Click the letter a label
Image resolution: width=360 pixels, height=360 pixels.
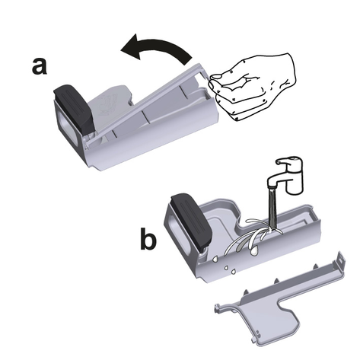(x=40, y=66)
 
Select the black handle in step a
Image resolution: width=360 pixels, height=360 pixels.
(x=74, y=110)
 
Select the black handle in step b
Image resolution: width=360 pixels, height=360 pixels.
(x=192, y=222)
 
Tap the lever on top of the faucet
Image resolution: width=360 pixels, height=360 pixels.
(x=289, y=161)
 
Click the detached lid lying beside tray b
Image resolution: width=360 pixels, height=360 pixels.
(x=280, y=299)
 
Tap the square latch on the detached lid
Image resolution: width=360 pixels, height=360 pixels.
(x=341, y=260)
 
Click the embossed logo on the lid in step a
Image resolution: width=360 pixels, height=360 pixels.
(x=108, y=104)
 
